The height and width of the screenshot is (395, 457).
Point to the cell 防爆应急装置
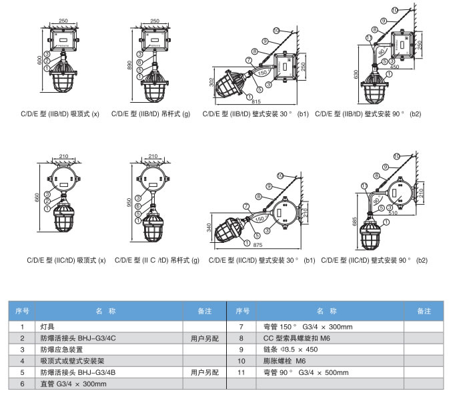[x=61, y=350]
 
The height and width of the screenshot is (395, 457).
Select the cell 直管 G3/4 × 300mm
[x=74, y=384]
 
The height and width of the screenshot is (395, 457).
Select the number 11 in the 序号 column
[x=243, y=372]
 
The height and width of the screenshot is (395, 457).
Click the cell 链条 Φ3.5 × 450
[x=292, y=350]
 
